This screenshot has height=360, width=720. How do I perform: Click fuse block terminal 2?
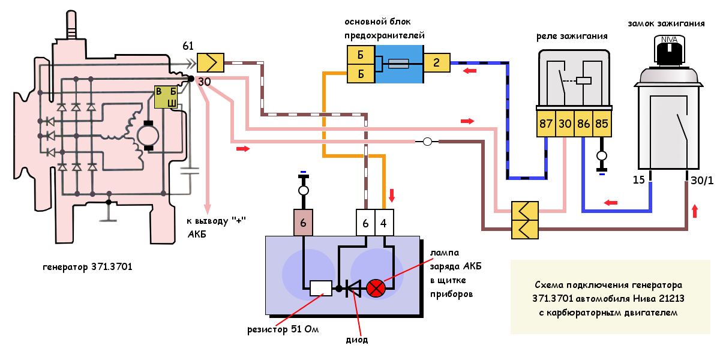(437, 62)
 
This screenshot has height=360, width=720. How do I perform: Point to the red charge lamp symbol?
(376, 289)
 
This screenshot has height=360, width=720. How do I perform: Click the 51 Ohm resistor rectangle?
(321, 289)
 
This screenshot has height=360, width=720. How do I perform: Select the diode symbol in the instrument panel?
(353, 289)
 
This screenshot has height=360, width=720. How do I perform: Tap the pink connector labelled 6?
(304, 223)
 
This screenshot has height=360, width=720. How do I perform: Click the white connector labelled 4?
(385, 223)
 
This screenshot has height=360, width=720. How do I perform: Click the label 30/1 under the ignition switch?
(702, 181)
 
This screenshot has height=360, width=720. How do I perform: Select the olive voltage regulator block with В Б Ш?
(166, 97)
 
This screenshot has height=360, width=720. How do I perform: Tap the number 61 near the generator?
(188, 46)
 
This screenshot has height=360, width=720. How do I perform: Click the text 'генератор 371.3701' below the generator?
(88, 266)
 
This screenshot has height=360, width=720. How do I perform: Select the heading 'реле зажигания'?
(572, 36)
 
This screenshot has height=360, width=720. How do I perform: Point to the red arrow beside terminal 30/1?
(695, 211)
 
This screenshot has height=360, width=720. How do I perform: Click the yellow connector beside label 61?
(211, 62)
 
